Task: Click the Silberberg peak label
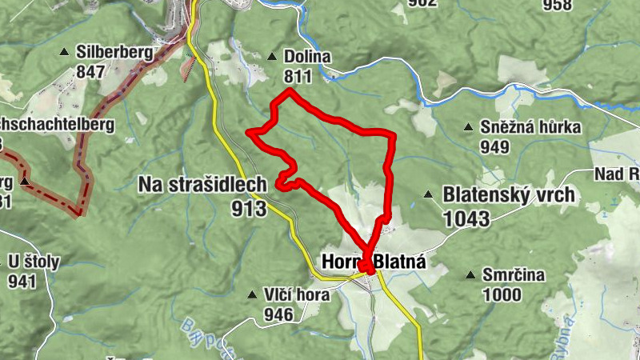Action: (114, 52)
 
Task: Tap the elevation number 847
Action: (90, 72)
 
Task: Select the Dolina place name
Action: (307, 57)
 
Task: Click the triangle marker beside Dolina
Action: (272, 57)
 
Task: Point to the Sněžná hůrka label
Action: (530, 127)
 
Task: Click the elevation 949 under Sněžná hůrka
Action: (495, 147)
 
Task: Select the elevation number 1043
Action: (464, 216)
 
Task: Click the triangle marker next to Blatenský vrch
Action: (428, 194)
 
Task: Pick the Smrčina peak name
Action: (513, 275)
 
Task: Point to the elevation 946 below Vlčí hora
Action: (278, 314)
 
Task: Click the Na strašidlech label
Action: (202, 185)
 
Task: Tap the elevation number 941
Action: (23, 281)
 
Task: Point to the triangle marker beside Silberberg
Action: (64, 53)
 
